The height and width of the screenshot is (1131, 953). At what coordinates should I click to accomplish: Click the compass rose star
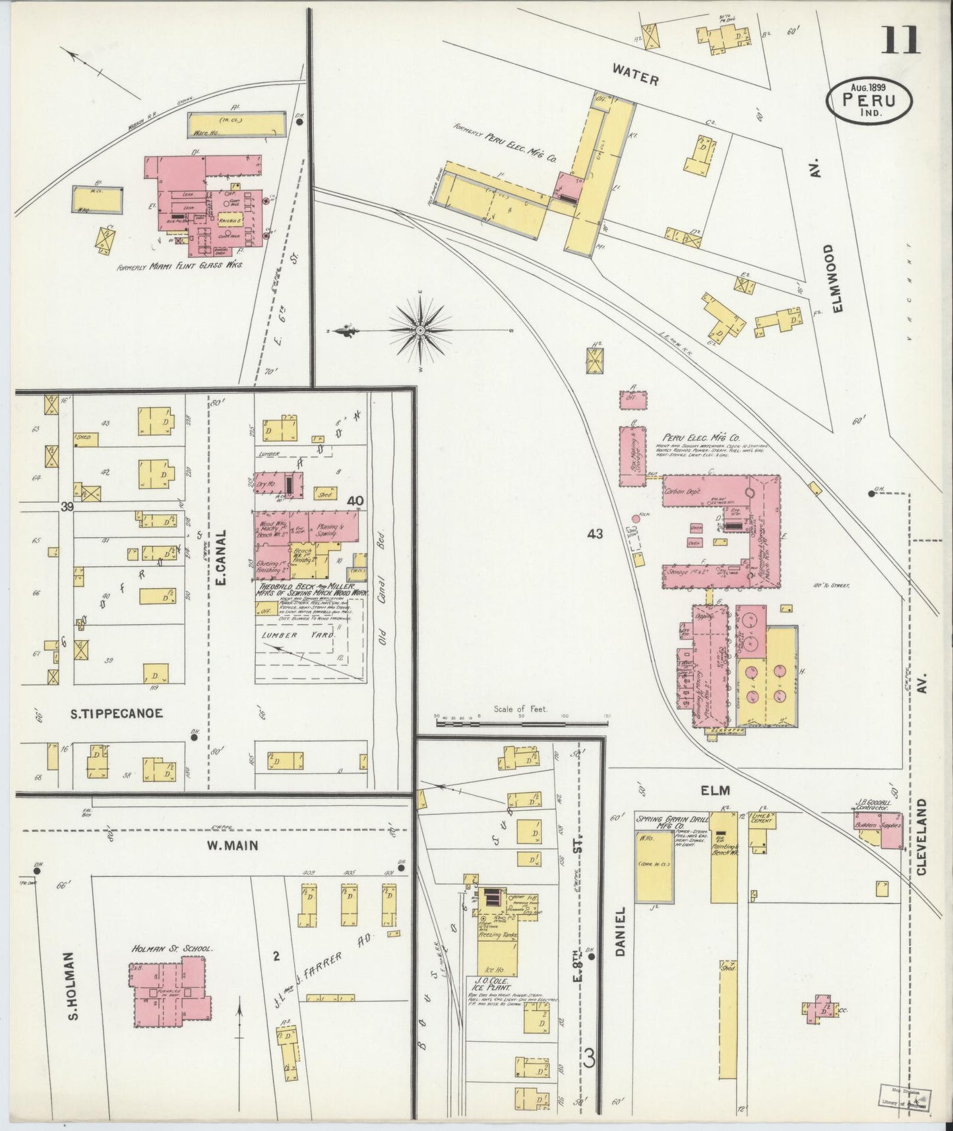pos(420,328)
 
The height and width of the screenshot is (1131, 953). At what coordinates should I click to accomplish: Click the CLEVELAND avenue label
pos(921,836)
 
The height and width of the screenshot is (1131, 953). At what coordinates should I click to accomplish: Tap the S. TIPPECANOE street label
pos(117,713)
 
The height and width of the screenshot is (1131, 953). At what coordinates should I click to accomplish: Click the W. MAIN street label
pos(224,845)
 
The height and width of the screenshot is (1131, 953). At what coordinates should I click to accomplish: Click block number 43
pos(595,534)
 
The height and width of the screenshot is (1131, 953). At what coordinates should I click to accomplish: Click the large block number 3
pos(589,1059)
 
